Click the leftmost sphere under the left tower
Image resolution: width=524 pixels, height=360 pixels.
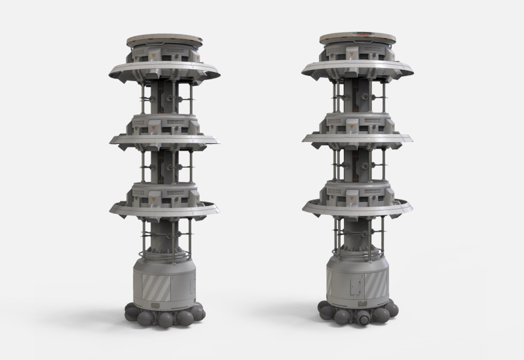pos(132,313)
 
